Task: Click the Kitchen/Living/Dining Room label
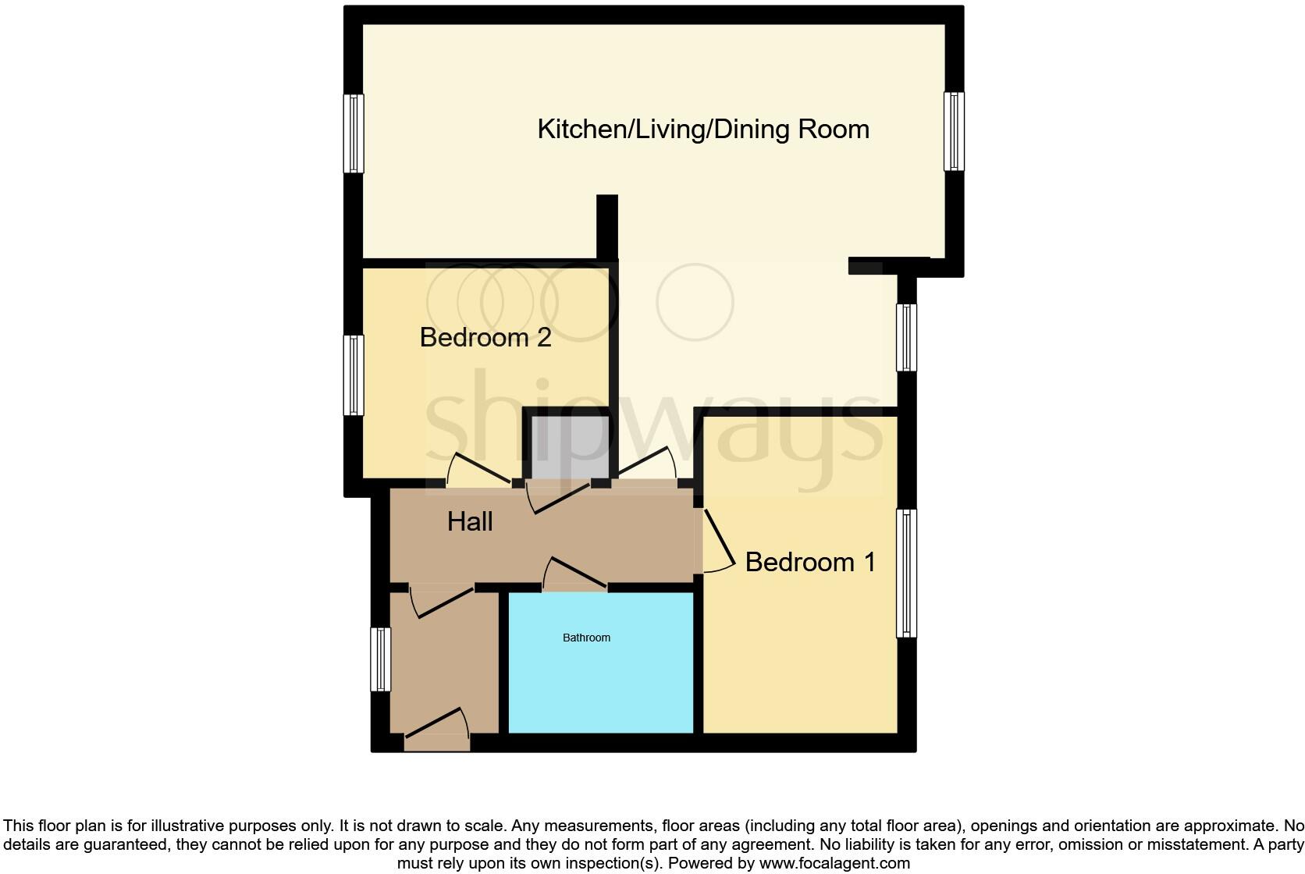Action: (703, 129)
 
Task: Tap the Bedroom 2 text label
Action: (485, 337)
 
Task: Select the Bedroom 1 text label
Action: (810, 562)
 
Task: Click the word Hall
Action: (470, 521)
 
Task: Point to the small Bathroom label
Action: (586, 638)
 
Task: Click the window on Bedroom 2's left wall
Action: (354, 375)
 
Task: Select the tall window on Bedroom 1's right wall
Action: (906, 573)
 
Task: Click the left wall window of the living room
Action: (354, 133)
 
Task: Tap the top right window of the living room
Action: (954, 131)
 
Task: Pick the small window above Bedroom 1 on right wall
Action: (906, 337)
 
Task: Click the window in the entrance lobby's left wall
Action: (380, 659)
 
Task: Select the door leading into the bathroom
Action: (576, 576)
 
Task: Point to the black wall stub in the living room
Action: (607, 226)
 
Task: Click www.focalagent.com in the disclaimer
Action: (834, 863)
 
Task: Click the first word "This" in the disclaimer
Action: (20, 826)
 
